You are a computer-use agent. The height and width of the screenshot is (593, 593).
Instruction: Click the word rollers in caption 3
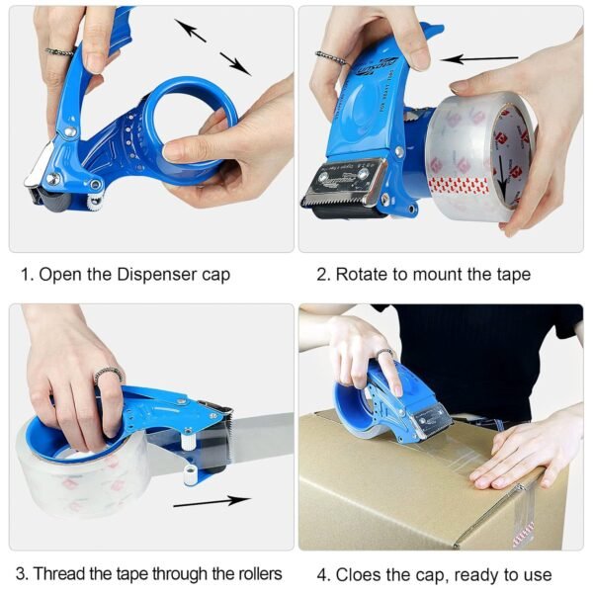254,573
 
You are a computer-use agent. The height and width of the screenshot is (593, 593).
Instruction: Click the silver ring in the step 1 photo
59,49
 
